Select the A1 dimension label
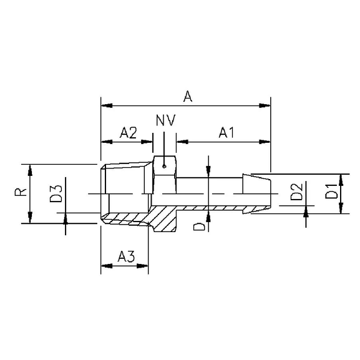(225, 132)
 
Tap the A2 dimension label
(128, 132)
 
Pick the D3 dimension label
(55, 193)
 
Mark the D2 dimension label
(296, 193)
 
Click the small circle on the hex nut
(164, 166)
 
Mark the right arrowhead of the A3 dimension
(145, 266)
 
